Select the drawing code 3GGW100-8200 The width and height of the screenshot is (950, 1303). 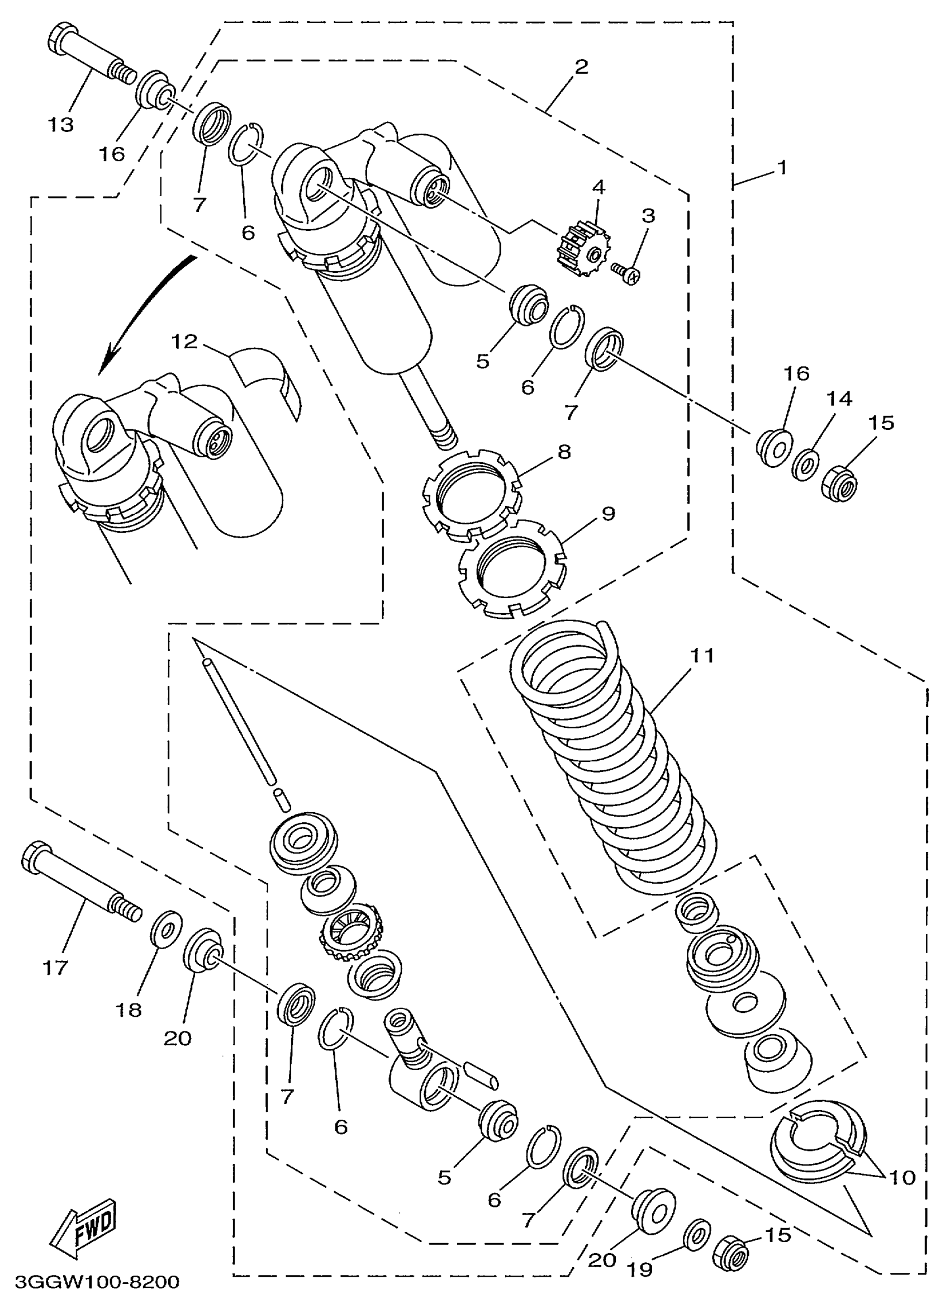tap(97, 1282)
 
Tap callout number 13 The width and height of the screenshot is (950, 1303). tap(61, 124)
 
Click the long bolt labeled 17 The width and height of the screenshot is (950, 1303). tap(80, 887)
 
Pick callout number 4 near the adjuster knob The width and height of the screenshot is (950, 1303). tap(598, 187)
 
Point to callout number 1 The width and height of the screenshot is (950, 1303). tap(781, 168)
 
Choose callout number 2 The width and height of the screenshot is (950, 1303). tap(581, 67)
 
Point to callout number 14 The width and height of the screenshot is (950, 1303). tap(839, 398)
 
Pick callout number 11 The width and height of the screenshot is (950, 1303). tap(702, 655)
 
